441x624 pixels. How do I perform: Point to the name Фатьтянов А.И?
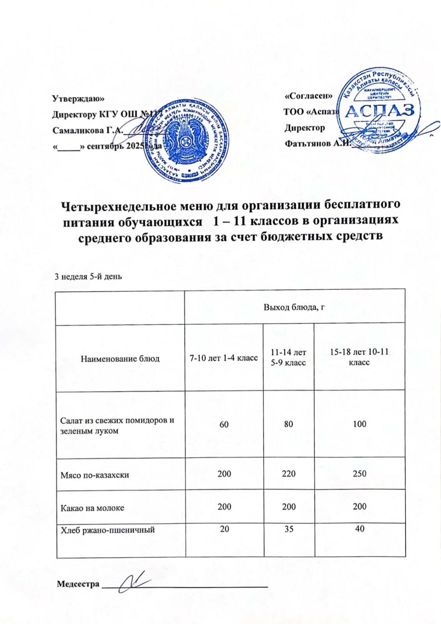(317, 144)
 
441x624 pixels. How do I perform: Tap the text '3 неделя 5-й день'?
(87, 277)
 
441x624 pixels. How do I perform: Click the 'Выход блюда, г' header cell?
(294, 307)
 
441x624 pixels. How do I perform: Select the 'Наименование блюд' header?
(120, 358)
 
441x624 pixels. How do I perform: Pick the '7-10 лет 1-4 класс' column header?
(224, 358)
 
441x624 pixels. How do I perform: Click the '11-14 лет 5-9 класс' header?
(288, 358)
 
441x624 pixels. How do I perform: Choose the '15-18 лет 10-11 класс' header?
(359, 357)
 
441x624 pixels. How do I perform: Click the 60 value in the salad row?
(224, 424)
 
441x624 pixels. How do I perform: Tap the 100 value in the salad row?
(359, 424)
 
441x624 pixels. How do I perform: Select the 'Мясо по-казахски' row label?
(95, 475)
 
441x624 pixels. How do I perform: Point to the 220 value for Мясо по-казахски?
(288, 474)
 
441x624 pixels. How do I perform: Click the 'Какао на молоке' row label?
(92, 508)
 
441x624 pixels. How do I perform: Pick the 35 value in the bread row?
(288, 529)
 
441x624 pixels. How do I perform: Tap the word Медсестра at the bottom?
(78, 584)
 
